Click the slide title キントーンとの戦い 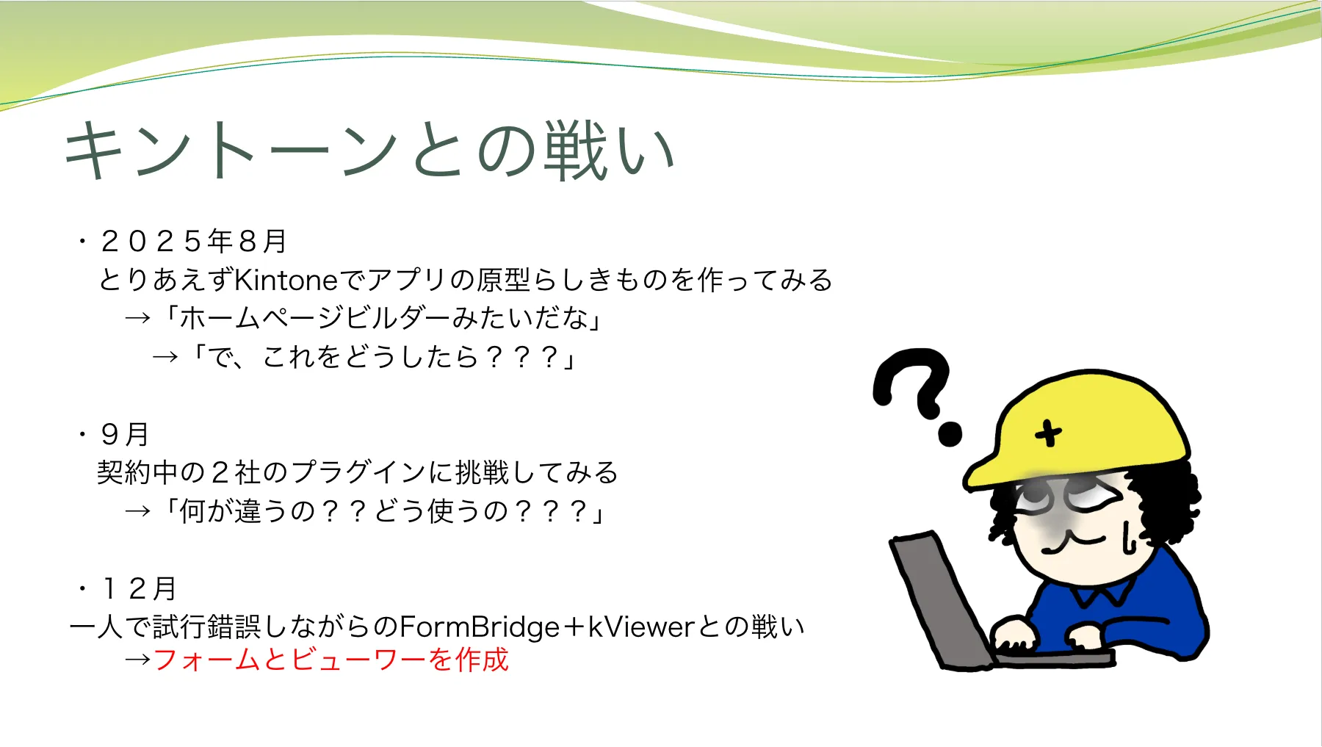coord(369,151)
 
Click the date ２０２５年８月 coord(193,240)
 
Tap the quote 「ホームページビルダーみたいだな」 coord(383,318)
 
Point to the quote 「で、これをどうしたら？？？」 coord(383,357)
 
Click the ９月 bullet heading coord(125,434)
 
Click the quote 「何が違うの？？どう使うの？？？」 coord(384,511)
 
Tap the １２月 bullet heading coord(139,588)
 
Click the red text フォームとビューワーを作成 coord(331,659)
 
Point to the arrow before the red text coord(138,660)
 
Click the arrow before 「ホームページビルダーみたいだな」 coord(138,319)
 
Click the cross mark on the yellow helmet coord(1049,433)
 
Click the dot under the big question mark coord(950,434)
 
